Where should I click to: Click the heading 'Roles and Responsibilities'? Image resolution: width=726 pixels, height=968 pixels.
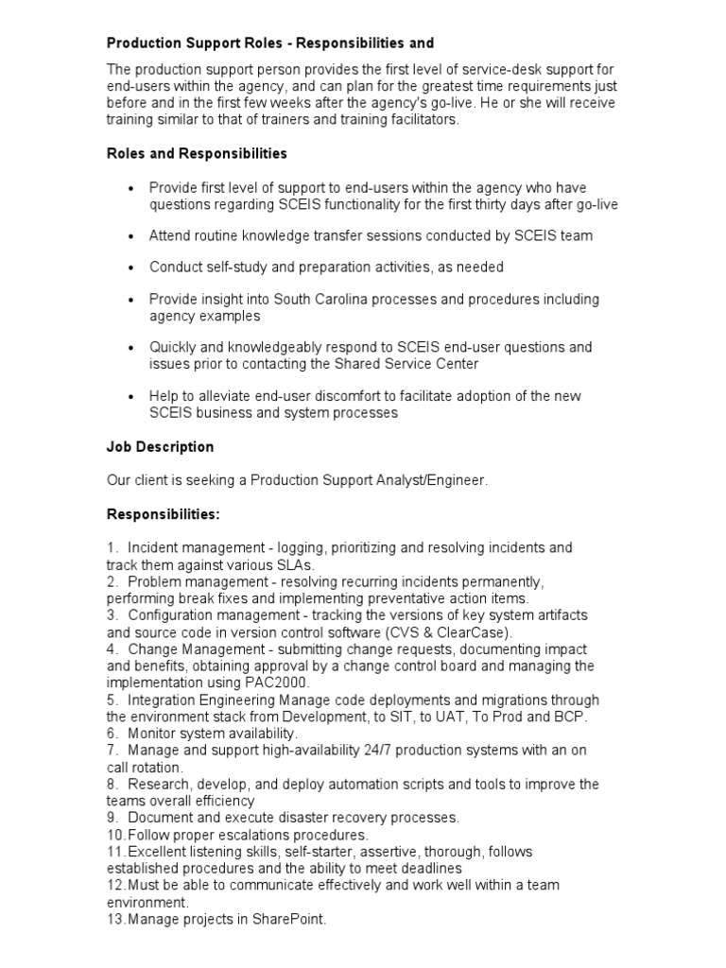197,153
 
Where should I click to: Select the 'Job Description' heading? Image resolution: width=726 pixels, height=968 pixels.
161,446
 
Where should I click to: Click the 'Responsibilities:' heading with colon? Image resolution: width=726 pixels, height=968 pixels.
164,514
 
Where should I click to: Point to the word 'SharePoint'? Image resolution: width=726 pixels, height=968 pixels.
288,919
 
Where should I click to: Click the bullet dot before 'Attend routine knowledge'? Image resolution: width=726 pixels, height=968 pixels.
131,236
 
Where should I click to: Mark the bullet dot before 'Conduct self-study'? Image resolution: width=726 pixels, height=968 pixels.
131,268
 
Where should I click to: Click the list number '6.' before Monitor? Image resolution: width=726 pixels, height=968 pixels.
112,734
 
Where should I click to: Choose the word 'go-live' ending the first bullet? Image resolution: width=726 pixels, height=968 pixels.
596,205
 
